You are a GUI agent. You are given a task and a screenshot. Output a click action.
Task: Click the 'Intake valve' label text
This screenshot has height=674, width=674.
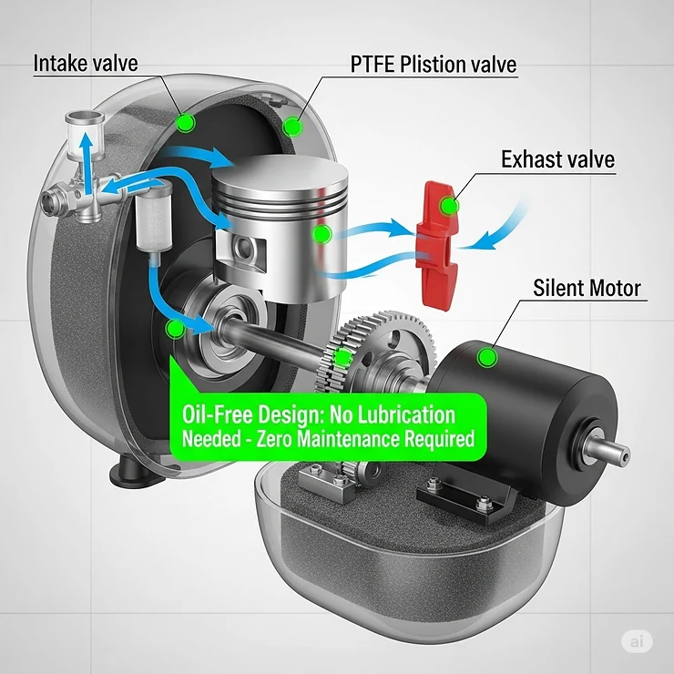click(x=86, y=64)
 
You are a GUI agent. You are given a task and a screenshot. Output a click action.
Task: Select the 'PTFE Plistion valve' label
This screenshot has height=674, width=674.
click(x=434, y=65)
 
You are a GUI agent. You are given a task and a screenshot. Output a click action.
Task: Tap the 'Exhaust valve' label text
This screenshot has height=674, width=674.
click(x=557, y=160)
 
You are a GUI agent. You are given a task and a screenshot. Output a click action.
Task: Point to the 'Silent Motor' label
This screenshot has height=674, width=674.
click(x=587, y=290)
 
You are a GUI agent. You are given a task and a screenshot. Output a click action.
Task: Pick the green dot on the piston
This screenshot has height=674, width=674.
click(x=321, y=236)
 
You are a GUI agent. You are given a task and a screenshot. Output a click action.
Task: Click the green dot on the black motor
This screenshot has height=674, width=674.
click(x=489, y=357)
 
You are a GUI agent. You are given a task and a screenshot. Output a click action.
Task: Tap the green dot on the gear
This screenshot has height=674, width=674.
click(x=342, y=358)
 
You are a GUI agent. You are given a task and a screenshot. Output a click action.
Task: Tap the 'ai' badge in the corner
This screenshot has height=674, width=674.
click(x=637, y=642)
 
